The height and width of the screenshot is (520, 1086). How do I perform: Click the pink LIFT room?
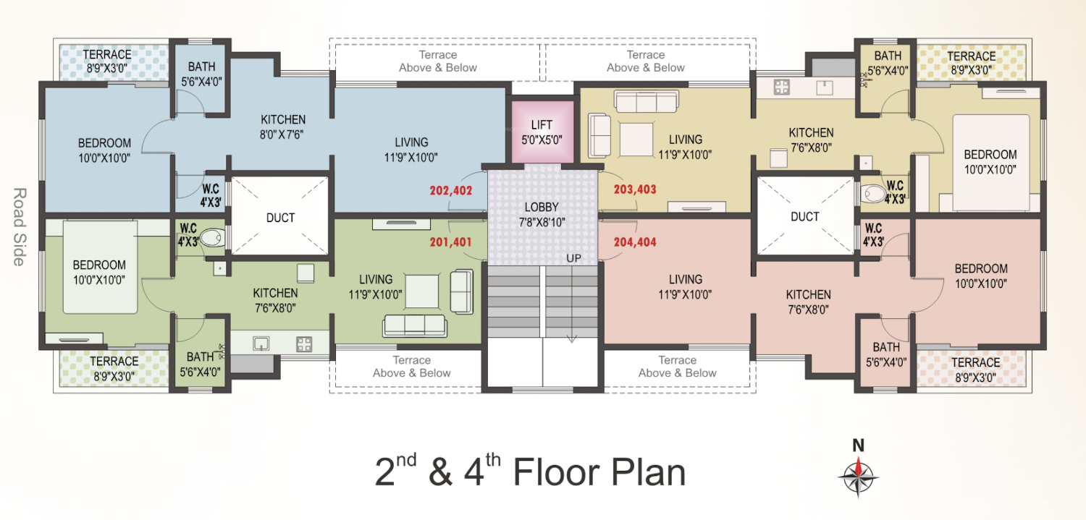pyautogui.click(x=542, y=132)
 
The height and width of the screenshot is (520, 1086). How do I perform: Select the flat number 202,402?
pyautogui.click(x=451, y=191)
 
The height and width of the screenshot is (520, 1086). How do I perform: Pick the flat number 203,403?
pyautogui.click(x=635, y=189)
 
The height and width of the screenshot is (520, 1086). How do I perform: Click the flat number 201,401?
pyautogui.click(x=451, y=242)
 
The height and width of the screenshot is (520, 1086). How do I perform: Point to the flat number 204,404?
pyautogui.click(x=635, y=242)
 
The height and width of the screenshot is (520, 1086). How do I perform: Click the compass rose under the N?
pyautogui.click(x=858, y=477)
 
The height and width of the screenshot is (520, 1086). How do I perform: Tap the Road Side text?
pyautogui.click(x=20, y=227)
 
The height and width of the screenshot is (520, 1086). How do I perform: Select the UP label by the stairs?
pyautogui.click(x=573, y=258)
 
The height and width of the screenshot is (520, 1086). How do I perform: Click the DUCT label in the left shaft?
pyautogui.click(x=280, y=218)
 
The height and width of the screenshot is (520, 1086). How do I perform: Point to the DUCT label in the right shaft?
pyautogui.click(x=805, y=217)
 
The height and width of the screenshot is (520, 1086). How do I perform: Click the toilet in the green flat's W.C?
pyautogui.click(x=212, y=238)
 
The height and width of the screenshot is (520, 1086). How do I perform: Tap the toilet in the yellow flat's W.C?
pyautogui.click(x=873, y=194)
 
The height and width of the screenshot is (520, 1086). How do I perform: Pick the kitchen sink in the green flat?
pyautogui.click(x=261, y=344)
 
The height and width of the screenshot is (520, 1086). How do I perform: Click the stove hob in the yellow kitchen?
pyautogui.click(x=781, y=88)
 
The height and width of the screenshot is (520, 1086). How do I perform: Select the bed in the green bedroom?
pyautogui.click(x=101, y=268)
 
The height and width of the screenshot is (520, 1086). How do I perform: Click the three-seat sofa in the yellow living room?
pyautogui.click(x=647, y=102)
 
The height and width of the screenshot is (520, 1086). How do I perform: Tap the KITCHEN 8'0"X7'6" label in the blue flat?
pyautogui.click(x=282, y=127)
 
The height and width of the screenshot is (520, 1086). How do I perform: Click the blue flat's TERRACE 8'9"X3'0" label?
pyautogui.click(x=107, y=61)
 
